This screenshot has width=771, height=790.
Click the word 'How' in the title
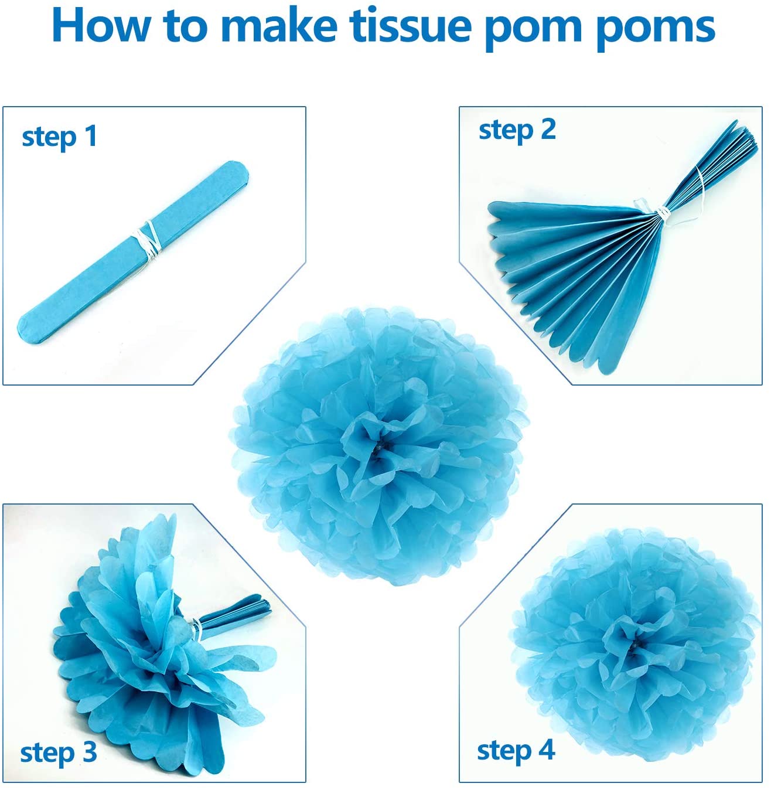coord(101,26)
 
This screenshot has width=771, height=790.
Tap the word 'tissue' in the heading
coord(411,26)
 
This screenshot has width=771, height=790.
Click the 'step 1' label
coord(59,137)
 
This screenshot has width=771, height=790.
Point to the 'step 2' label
coord(517,130)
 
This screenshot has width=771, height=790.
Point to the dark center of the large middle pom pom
coord(380,448)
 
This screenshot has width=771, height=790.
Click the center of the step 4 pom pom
coord(634,643)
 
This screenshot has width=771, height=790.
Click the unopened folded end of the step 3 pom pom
coord(236,613)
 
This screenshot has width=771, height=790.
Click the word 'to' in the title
coord(185,26)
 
